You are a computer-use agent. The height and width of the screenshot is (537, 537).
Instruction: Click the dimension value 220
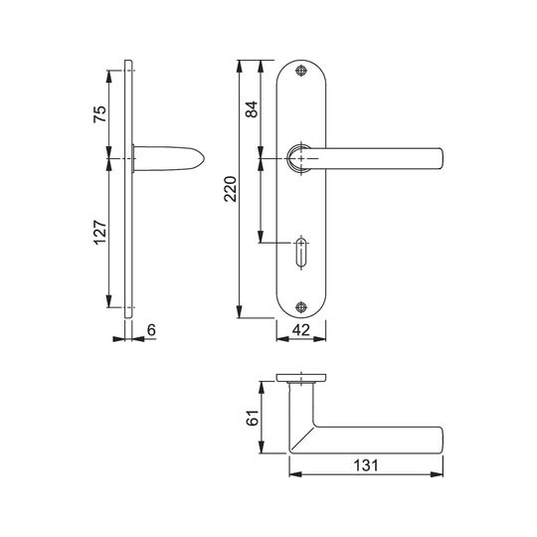(x=231, y=189)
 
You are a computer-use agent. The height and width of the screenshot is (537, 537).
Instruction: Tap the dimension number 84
(x=252, y=109)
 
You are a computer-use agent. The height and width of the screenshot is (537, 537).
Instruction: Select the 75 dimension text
(x=100, y=114)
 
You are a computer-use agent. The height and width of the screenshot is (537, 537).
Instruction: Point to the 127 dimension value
(x=100, y=232)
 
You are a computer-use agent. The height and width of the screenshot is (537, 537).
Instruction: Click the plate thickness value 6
(x=151, y=330)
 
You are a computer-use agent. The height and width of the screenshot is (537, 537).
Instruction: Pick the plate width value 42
(x=301, y=330)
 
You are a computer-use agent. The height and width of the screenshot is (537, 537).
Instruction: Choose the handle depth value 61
(x=253, y=418)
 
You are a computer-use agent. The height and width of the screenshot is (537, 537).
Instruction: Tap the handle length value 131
(x=366, y=465)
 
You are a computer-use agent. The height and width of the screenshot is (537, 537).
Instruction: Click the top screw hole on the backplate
(x=301, y=71)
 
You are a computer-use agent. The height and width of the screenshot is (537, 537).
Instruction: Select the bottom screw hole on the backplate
(x=301, y=307)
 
